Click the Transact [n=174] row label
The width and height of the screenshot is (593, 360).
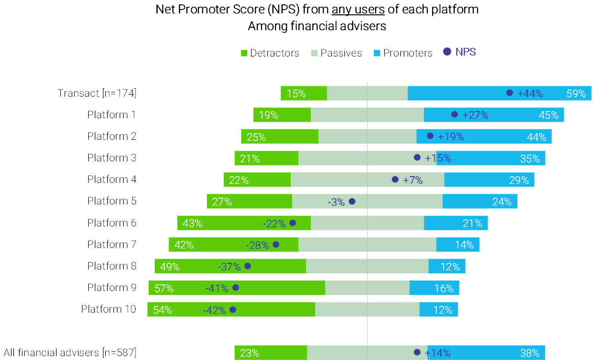[97, 93]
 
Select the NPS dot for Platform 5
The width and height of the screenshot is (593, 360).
[352, 202]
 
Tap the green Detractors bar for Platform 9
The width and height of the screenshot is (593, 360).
[237, 288]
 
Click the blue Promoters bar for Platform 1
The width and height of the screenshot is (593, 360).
[493, 115]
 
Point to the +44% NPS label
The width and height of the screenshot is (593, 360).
[530, 94]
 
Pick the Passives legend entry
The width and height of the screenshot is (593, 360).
[336, 53]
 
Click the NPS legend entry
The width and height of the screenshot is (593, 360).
[459, 52]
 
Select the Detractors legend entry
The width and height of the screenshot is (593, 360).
[270, 53]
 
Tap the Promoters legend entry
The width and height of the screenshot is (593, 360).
[402, 53]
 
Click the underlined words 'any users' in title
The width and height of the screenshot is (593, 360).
[355, 9]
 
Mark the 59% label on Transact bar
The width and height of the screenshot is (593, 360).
[576, 94]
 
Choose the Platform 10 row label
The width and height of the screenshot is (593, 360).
[108, 309]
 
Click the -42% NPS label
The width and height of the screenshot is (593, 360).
[214, 310]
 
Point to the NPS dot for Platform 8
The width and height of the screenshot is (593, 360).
[248, 266]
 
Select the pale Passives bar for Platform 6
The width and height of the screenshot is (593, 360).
[367, 223]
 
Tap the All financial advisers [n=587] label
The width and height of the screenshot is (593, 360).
[70, 353]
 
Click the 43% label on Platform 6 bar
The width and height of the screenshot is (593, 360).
[193, 223]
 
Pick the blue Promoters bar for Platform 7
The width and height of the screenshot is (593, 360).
[457, 245]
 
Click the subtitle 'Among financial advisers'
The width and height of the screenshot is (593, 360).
[317, 26]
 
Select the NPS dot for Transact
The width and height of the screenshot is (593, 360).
[510, 93]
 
